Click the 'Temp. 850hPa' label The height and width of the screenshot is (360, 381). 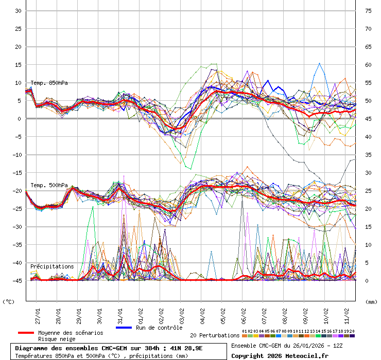pyautogui.click(x=49, y=83)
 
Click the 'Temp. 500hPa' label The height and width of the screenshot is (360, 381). pyautogui.click(x=49, y=185)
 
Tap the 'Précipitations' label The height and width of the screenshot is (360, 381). pyautogui.click(x=52, y=266)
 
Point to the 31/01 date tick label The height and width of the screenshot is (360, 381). pyautogui.click(x=120, y=314)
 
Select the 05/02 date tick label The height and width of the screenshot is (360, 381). pyautogui.click(x=223, y=314)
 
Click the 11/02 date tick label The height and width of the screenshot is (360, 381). pyautogui.click(x=347, y=314)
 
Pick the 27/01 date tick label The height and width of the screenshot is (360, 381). pyautogui.click(x=38, y=314)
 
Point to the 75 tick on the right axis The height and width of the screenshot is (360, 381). pyautogui.click(x=368, y=11)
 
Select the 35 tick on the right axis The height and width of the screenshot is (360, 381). pyautogui.click(x=368, y=155)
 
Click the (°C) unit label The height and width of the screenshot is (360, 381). pyautogui.click(x=9, y=302)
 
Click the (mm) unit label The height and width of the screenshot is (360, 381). pyautogui.click(x=371, y=302)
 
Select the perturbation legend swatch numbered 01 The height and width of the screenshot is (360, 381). pyautogui.click(x=245, y=336)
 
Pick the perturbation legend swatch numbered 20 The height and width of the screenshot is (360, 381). pyautogui.click(x=352, y=336)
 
